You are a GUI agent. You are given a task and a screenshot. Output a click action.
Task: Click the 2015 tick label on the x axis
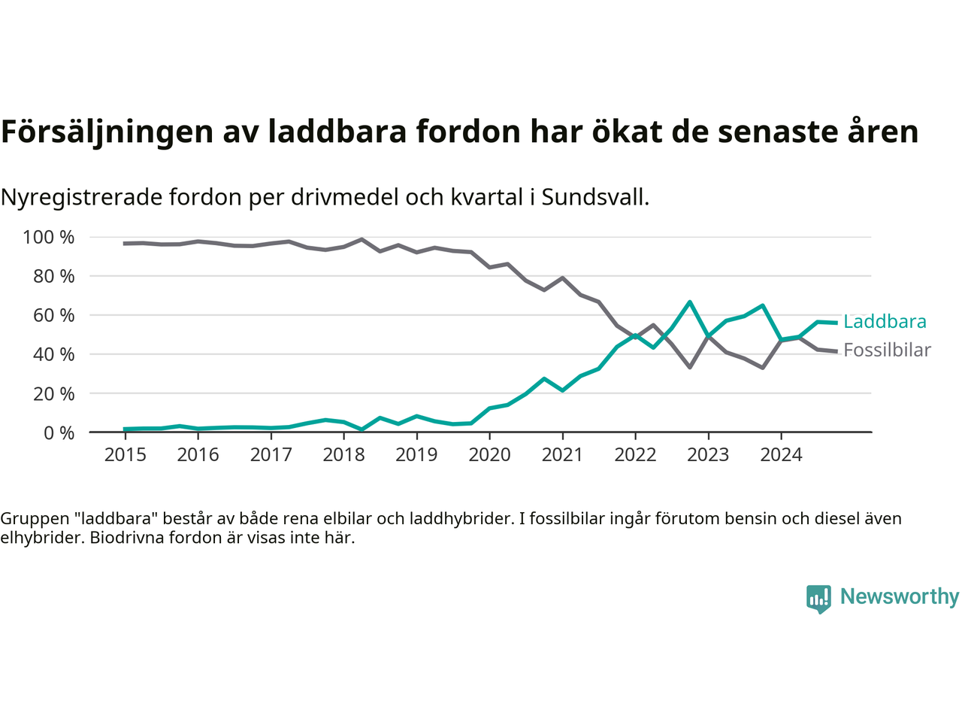tap(125, 454)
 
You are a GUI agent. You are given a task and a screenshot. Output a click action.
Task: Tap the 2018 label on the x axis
tap(343, 454)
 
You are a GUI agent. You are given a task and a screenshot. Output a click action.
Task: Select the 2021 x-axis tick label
tap(562, 454)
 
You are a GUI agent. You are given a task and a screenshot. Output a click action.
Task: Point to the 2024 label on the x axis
tap(781, 454)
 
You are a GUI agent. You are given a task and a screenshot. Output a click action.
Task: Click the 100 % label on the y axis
tap(49, 238)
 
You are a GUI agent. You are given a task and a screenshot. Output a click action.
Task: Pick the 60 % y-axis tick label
tap(53, 315)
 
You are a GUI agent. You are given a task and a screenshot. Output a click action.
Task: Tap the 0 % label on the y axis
tap(58, 432)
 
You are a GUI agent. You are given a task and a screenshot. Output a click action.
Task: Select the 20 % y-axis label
tap(53, 393)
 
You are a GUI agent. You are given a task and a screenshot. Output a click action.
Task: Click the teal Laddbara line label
tap(885, 322)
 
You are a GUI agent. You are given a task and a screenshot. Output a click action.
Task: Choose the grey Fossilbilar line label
tap(887, 350)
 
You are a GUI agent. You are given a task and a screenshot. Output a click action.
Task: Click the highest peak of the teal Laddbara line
tap(689, 302)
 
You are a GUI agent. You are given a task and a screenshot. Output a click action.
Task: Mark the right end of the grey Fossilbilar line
tap(836, 351)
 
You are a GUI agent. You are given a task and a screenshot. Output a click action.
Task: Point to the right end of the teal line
tap(836, 323)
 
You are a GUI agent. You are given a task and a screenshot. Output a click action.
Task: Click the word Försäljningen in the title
tap(107, 132)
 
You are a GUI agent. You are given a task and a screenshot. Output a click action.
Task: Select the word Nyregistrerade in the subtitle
tap(81, 198)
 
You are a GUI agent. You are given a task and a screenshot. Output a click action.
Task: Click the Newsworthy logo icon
tap(818, 599)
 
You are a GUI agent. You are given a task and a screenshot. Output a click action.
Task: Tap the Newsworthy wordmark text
tap(900, 597)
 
